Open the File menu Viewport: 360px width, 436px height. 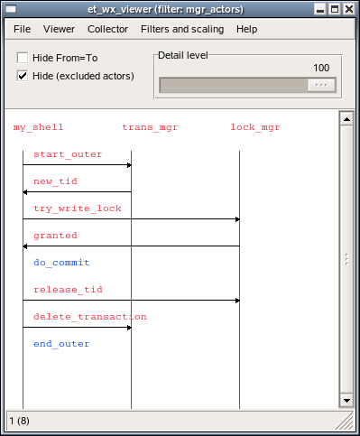22,29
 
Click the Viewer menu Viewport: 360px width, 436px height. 59,29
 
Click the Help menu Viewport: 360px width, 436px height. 246,29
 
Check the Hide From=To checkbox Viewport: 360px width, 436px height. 23,58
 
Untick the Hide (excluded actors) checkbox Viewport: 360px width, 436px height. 23,76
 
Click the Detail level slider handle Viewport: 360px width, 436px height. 319,85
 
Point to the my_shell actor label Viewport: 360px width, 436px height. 38,127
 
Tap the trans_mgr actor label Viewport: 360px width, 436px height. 150,127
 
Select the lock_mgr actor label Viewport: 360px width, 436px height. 255,127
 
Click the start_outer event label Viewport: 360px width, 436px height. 68,154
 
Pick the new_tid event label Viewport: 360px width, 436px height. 55,181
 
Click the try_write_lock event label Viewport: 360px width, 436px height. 78,209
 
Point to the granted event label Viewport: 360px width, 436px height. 55,236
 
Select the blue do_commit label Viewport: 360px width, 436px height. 61,263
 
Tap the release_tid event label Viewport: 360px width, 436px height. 68,290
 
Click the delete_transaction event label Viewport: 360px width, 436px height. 89,317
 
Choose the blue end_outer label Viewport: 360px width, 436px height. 61,344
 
